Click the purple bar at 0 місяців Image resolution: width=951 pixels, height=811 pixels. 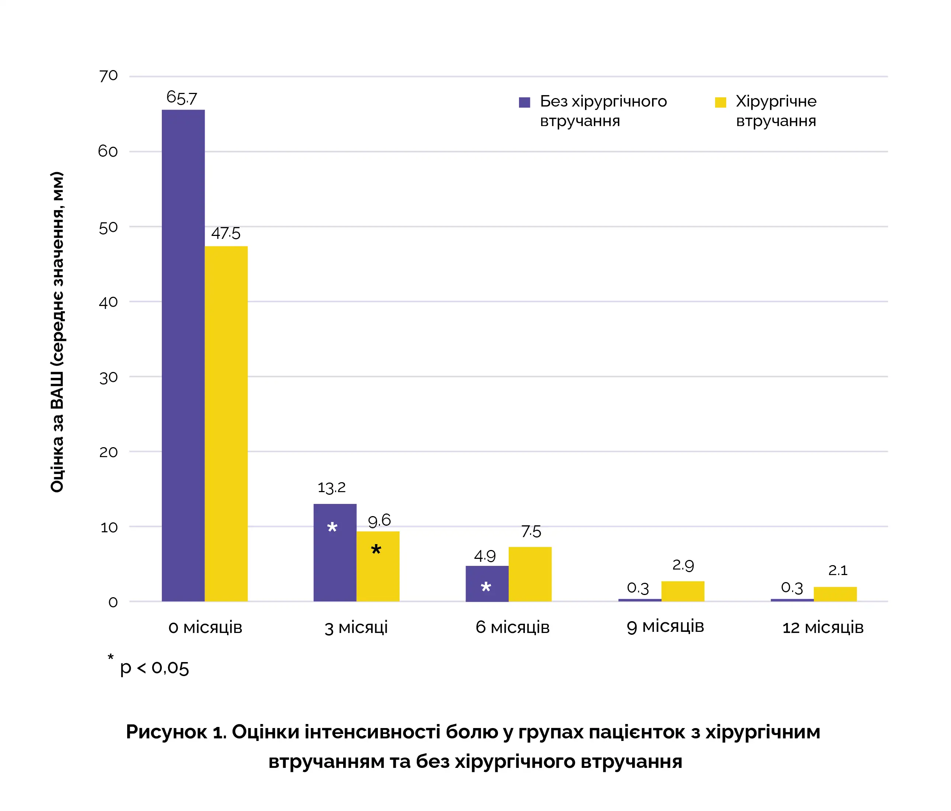point(183,356)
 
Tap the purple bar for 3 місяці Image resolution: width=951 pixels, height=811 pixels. point(335,553)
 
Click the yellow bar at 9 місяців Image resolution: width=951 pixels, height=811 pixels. point(683,591)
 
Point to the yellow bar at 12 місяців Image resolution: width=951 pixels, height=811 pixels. point(835,594)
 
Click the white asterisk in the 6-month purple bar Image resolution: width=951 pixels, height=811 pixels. point(486,587)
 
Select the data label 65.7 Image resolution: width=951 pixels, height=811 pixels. point(181,98)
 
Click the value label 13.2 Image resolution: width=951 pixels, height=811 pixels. point(331,487)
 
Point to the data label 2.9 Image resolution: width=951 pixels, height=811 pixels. point(683,565)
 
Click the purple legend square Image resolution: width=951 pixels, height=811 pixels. point(524,102)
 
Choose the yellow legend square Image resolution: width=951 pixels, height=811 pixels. point(720,102)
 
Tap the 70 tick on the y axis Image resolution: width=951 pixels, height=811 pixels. point(108,76)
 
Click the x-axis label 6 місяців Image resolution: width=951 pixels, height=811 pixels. point(512,627)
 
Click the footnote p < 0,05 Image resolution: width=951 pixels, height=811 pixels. point(154,668)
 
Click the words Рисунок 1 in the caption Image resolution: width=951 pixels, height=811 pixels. point(176,732)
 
